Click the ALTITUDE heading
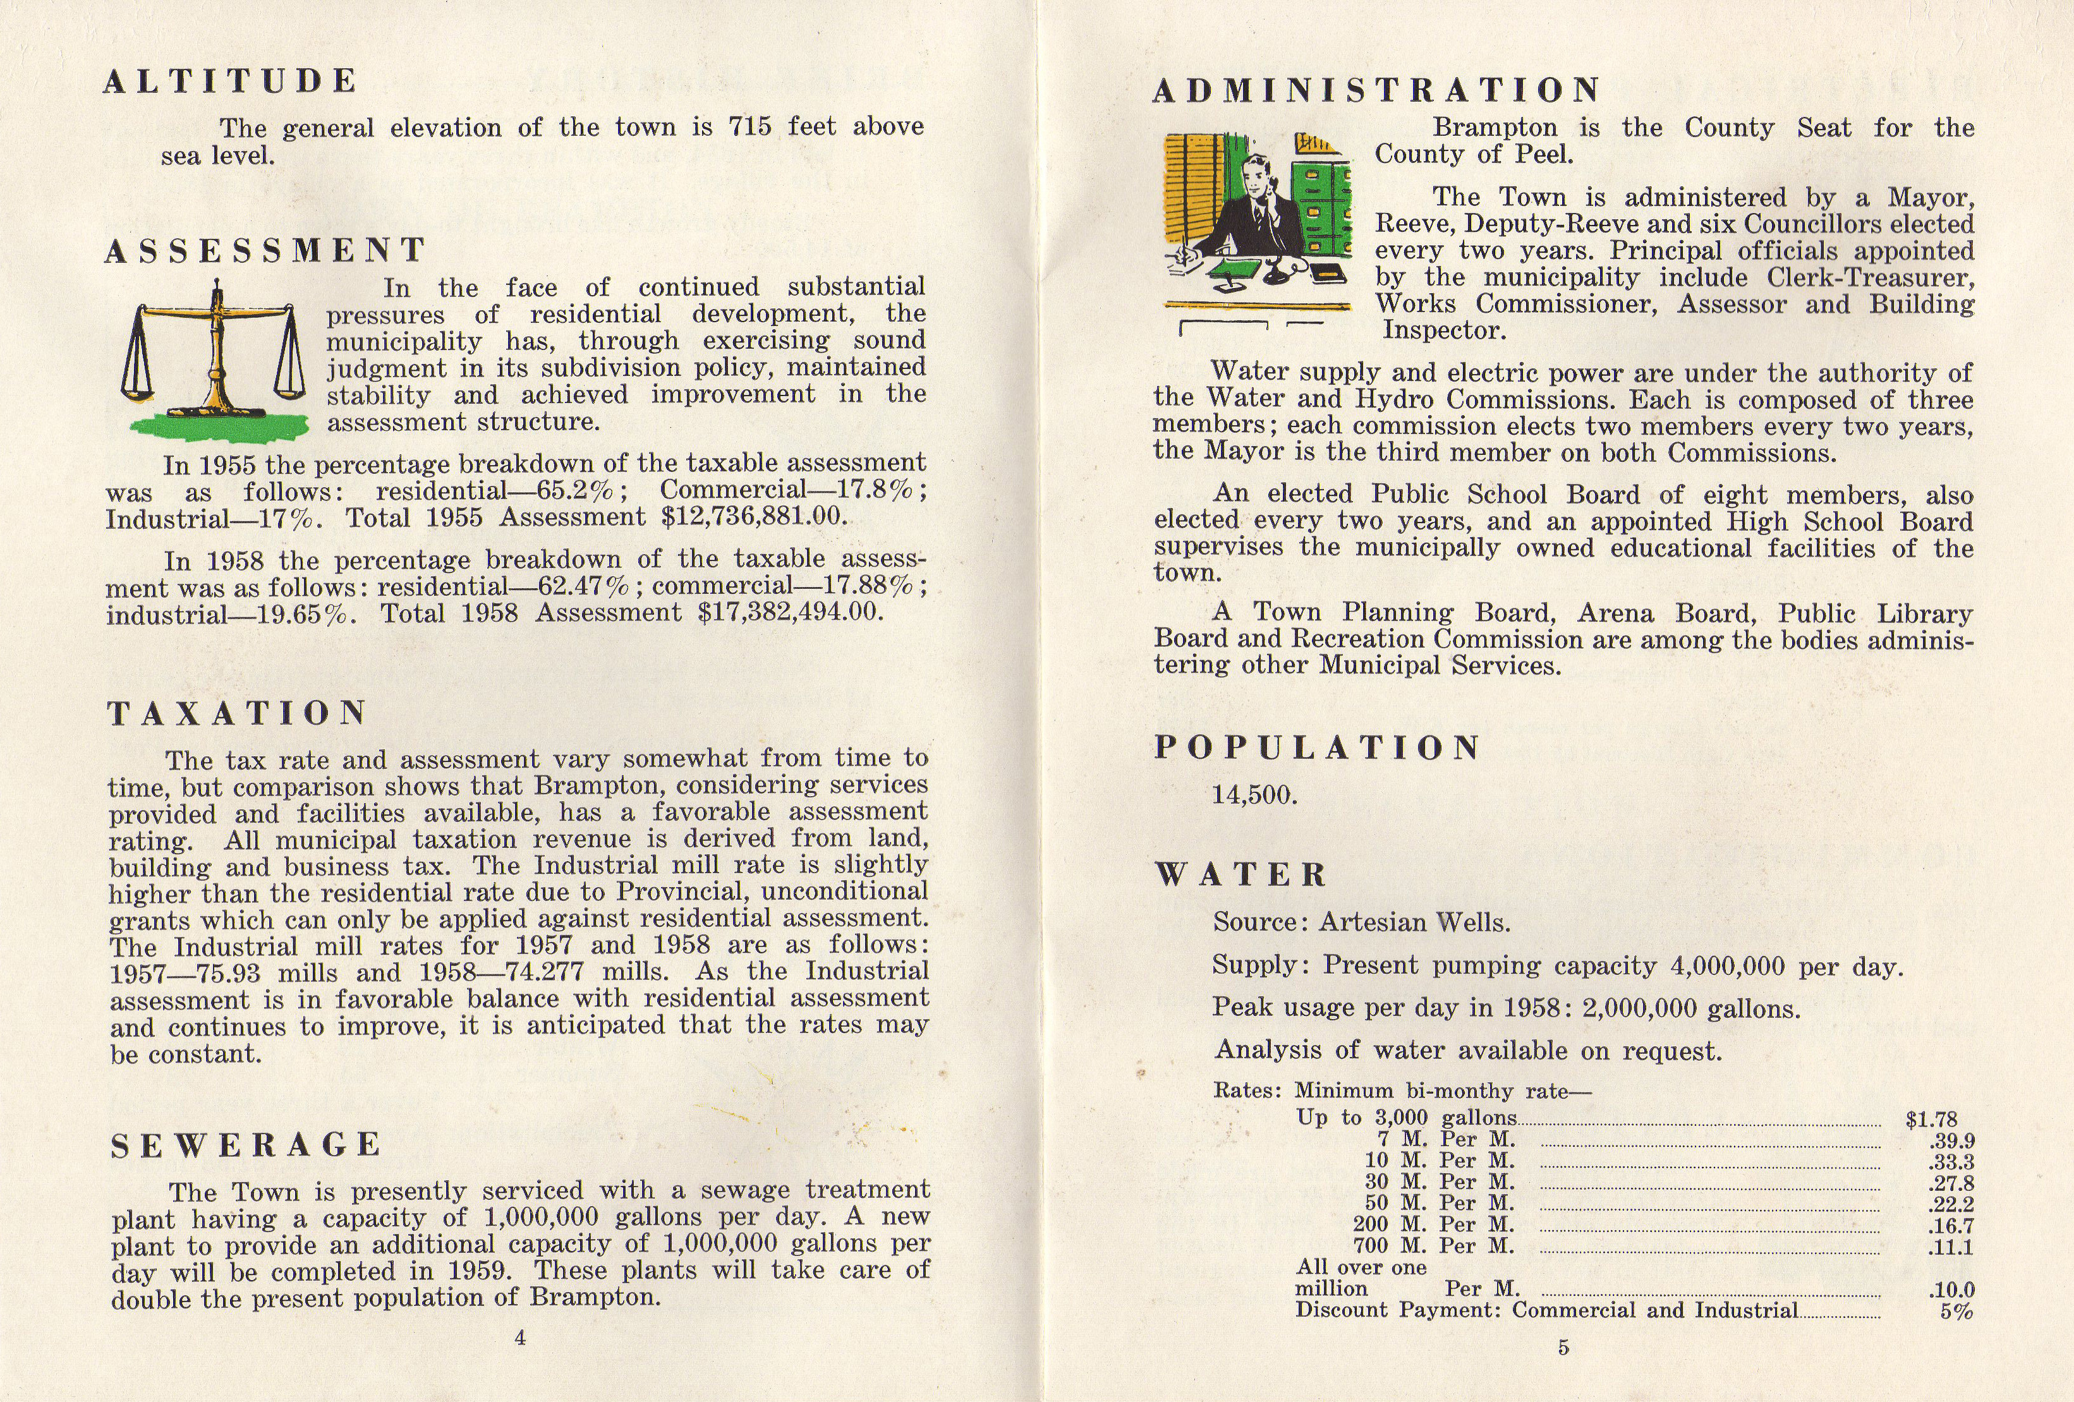click(230, 82)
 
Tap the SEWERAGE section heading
click(246, 1145)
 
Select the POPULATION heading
click(1316, 748)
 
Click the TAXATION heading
click(238, 713)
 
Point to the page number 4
click(520, 1337)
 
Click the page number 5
click(1563, 1348)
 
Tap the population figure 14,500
click(1254, 795)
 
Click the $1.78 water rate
click(1931, 1119)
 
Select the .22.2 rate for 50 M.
click(1951, 1204)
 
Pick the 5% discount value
click(1955, 1312)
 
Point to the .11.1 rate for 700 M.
click(1951, 1247)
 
